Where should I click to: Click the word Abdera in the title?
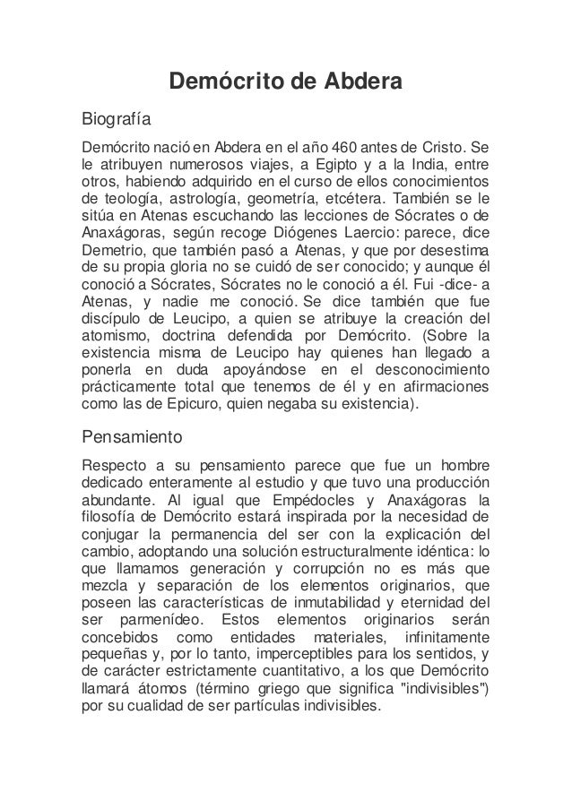point(354,83)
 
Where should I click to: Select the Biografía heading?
point(117,118)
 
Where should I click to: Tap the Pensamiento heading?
point(132,439)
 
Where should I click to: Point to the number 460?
point(347,147)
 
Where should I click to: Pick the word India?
point(435,164)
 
